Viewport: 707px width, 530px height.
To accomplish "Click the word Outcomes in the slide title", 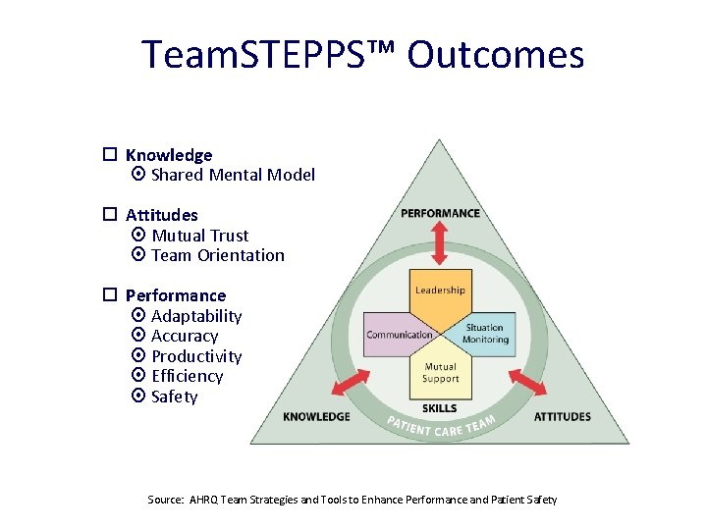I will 496,55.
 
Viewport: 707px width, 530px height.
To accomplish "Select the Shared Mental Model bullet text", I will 233,175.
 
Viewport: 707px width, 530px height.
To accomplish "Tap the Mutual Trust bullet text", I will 200,236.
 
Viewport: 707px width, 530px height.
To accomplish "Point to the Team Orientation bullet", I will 217,255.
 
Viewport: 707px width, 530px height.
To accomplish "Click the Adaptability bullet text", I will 196,316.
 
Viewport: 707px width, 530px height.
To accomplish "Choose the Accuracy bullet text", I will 185,336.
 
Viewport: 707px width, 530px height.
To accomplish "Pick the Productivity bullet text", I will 196,356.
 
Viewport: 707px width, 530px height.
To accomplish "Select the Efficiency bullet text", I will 188,376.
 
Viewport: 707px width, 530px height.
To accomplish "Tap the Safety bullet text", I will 175,397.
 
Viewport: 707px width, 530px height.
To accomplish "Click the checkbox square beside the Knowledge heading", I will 111,154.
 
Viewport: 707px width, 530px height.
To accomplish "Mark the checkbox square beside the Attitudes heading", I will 111,214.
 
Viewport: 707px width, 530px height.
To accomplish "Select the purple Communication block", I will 398,335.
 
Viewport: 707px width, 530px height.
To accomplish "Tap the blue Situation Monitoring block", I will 483,335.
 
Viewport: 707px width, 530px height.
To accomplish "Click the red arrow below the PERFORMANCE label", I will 439,243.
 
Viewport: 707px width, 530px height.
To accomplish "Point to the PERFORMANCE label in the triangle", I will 440,213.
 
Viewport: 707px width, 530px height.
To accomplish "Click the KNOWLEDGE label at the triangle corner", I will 316,416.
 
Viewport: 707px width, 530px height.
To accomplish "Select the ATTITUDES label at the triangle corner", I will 562,416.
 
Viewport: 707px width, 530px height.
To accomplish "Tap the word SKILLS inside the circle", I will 439,407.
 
